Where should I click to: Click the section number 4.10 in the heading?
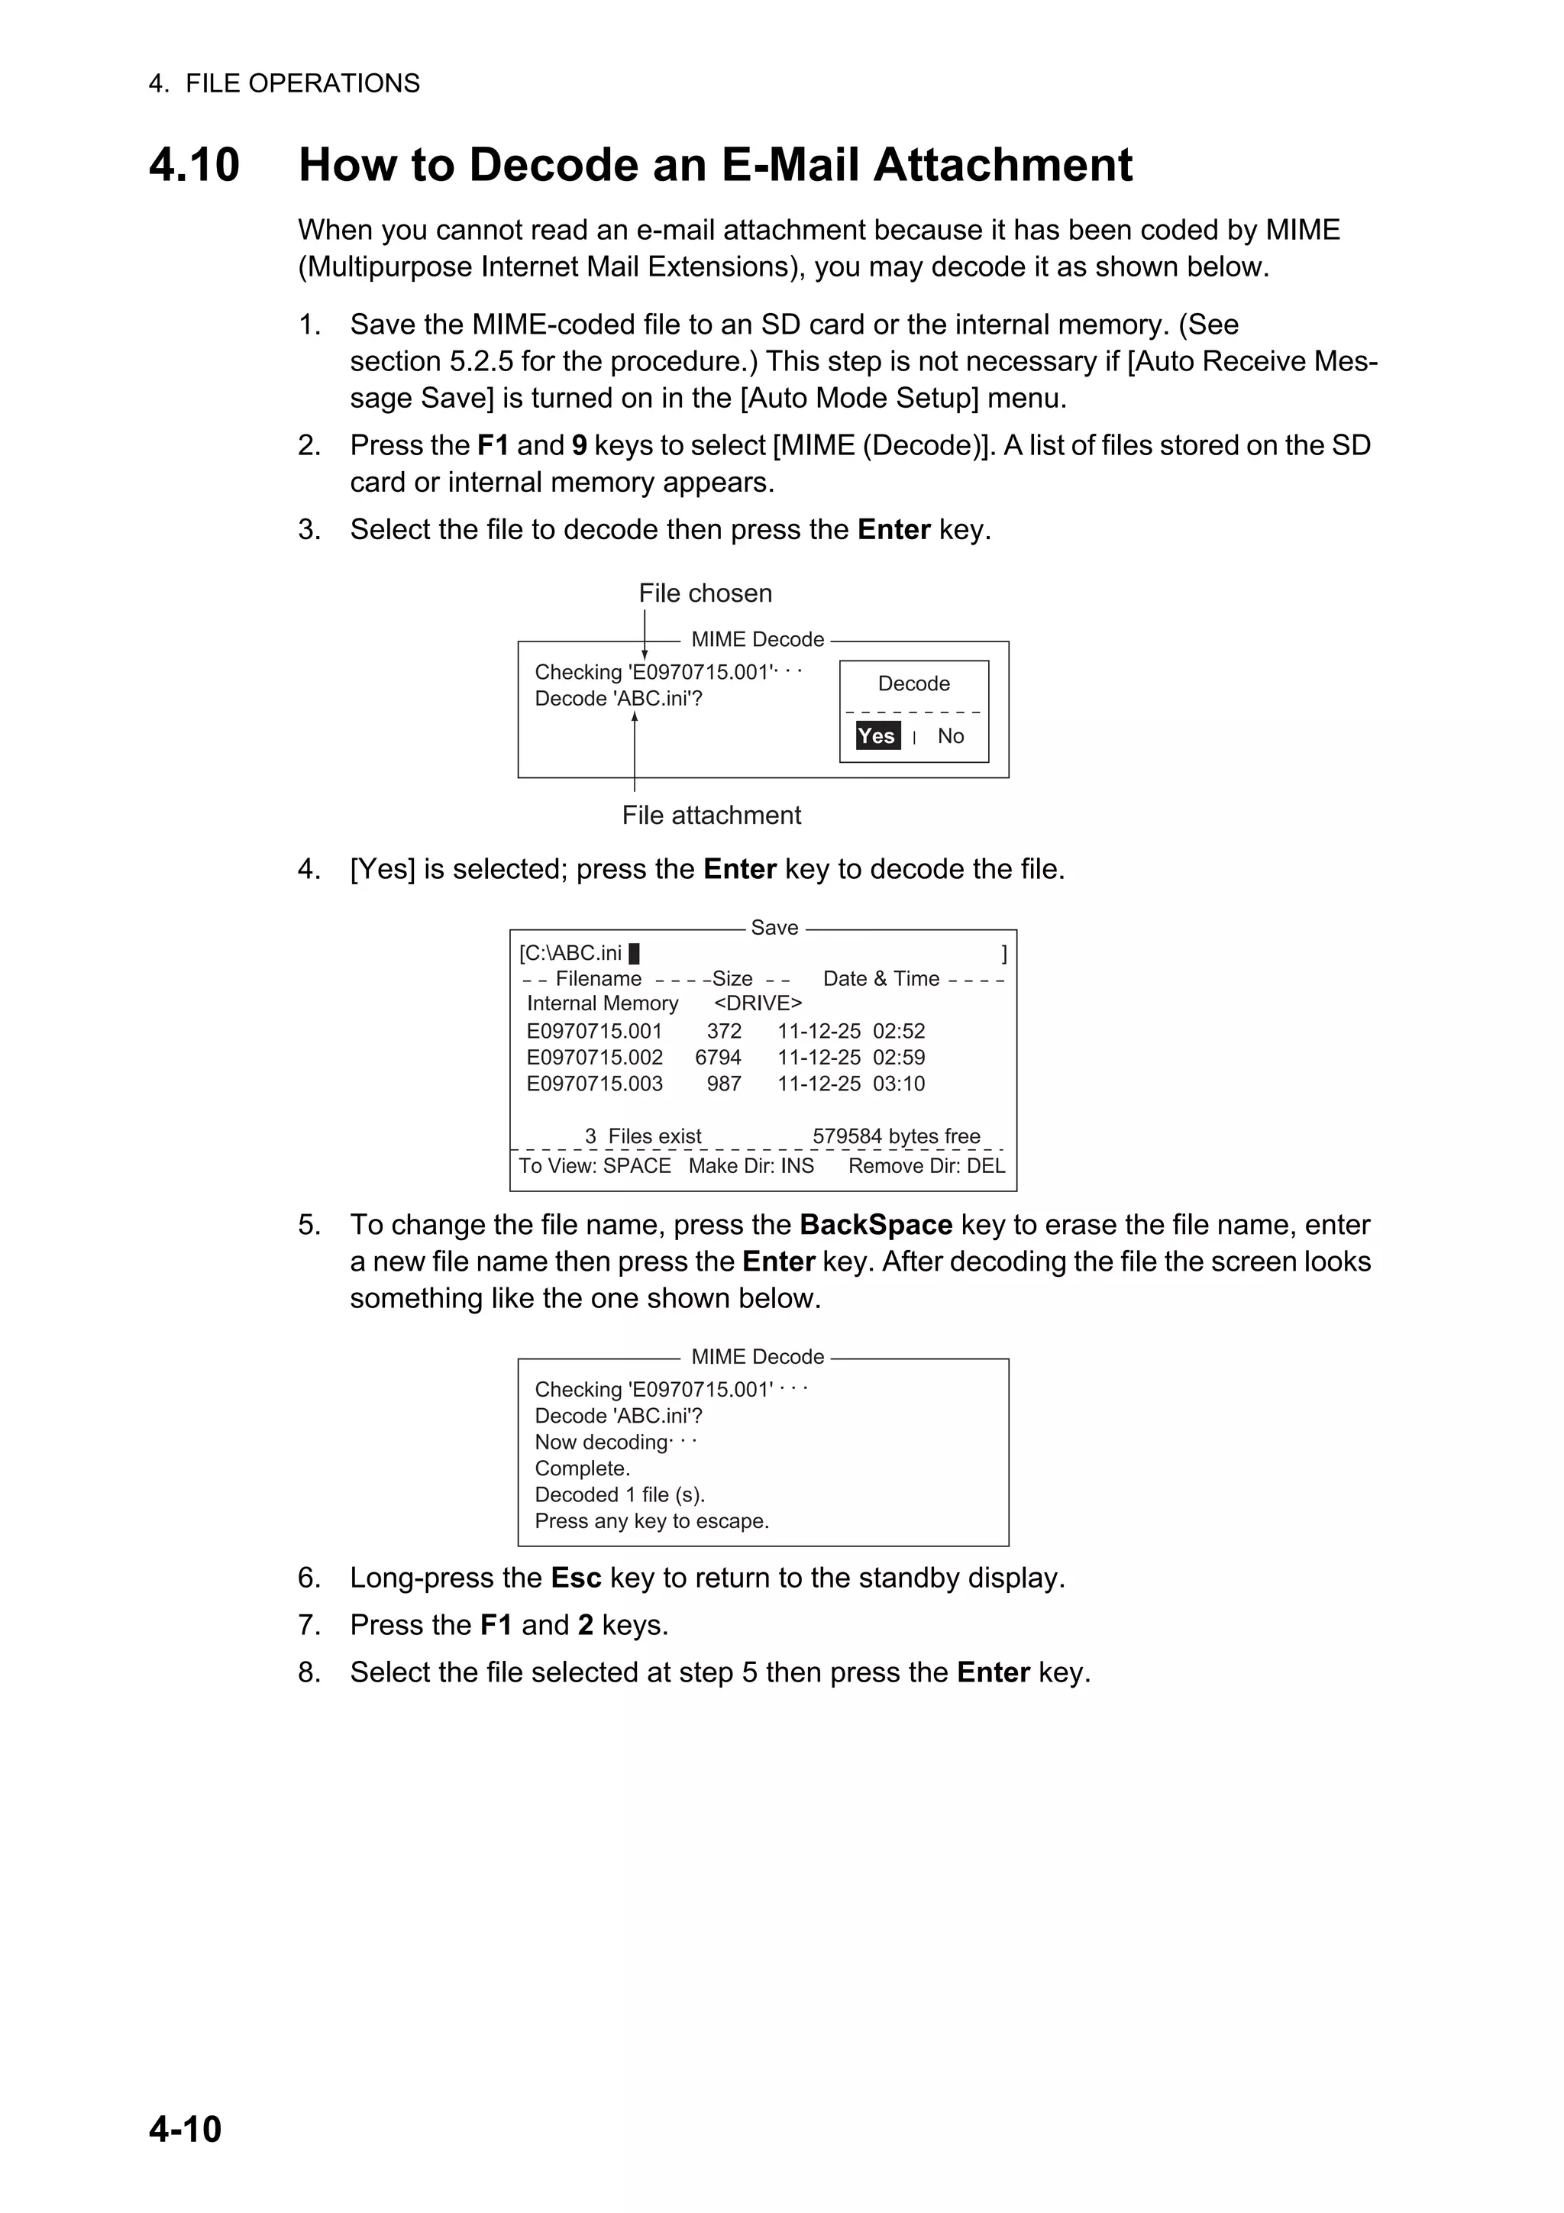pos(194,165)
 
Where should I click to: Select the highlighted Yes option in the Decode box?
pos(877,735)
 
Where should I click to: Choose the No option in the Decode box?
pos(950,735)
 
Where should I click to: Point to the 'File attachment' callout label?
pos(711,815)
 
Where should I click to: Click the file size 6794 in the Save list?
pos(718,1058)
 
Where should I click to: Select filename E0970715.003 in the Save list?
pos(595,1084)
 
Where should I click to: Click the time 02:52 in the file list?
pos(898,1032)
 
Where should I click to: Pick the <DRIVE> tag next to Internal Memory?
pos(758,1003)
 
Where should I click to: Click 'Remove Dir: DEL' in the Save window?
pos(926,1165)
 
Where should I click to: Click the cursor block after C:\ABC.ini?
pos(634,953)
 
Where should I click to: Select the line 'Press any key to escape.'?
pos(651,1521)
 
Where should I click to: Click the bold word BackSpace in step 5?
pos(875,1225)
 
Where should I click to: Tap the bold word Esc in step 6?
pos(575,1578)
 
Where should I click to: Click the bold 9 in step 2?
pos(579,445)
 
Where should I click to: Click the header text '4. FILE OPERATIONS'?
pos(284,84)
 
